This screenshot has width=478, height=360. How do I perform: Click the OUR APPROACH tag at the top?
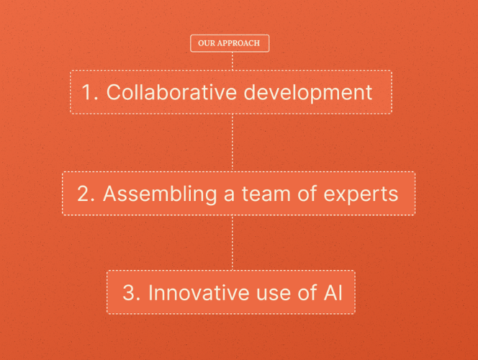pos(230,43)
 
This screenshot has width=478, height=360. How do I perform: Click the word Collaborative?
pos(169,93)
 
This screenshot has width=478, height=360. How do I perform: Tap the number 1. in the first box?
pos(89,93)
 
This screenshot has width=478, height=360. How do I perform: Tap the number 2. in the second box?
pos(86,194)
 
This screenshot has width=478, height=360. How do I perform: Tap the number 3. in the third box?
pos(130,292)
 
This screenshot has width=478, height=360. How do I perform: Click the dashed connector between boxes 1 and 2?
pos(232,143)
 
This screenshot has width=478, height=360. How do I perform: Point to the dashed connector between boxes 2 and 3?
pos(232,243)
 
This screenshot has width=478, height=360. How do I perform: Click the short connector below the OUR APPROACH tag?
pos(232,61)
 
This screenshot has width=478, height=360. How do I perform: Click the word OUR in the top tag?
pos(207,43)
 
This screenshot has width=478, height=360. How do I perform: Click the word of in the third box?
pos(306,292)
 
